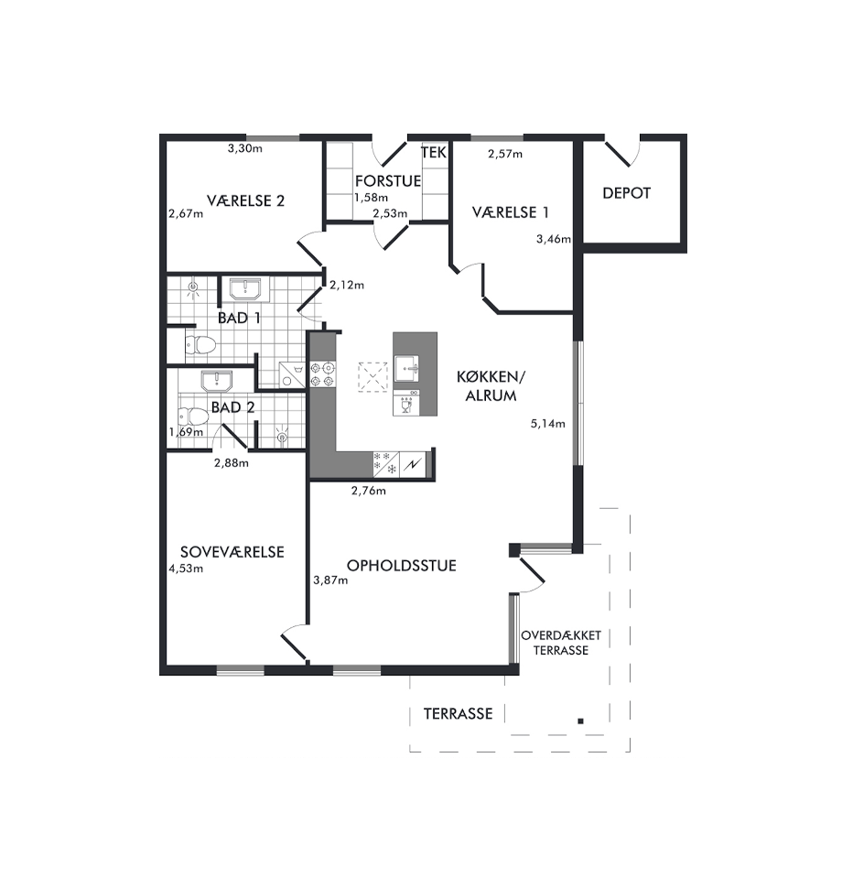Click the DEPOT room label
click(x=626, y=193)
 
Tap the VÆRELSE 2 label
click(x=245, y=200)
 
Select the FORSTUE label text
click(x=388, y=180)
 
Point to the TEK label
click(x=434, y=153)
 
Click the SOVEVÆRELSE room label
click(x=232, y=552)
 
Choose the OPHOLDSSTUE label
click(x=402, y=566)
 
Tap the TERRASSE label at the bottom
click(x=458, y=714)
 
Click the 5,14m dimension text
click(x=548, y=424)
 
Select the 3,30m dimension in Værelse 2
click(x=245, y=148)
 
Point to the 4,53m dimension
click(x=186, y=568)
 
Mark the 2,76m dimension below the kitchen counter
click(x=369, y=491)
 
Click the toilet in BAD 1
click(x=200, y=344)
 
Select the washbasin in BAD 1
click(x=244, y=288)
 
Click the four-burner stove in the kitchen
click(x=323, y=374)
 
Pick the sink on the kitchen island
click(x=407, y=369)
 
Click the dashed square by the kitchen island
click(x=372, y=377)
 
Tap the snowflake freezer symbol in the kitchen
click(x=386, y=463)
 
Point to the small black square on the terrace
click(x=580, y=721)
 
